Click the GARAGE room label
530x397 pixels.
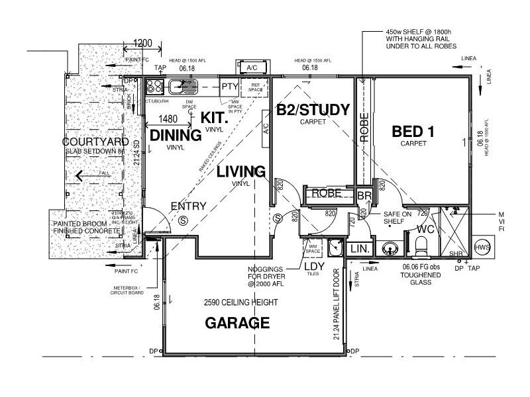[237, 324]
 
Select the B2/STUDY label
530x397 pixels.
[313, 110]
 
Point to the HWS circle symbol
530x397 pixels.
[483, 247]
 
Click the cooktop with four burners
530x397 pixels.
[155, 86]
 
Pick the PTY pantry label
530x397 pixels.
[230, 86]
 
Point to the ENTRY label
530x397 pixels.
[189, 206]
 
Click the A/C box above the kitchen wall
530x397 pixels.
[252, 68]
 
